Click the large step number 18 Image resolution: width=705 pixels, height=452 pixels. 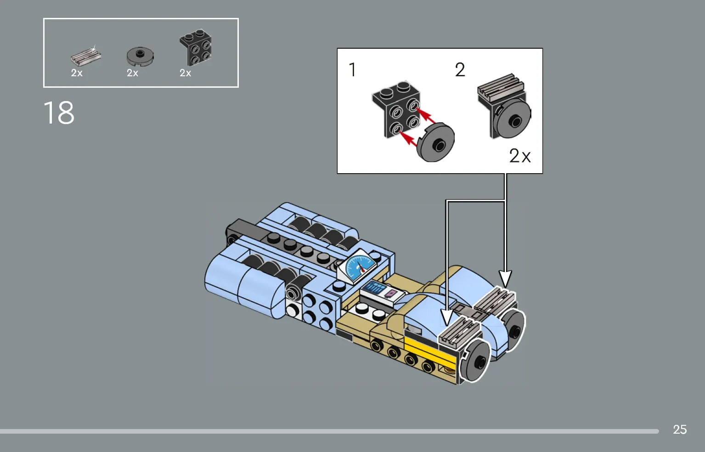click(x=59, y=113)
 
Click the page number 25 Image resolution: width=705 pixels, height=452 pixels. click(x=680, y=429)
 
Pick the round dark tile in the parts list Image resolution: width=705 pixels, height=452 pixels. click(x=140, y=56)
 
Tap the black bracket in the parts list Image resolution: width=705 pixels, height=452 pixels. click(x=196, y=47)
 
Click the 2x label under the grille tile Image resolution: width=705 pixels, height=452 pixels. click(x=77, y=73)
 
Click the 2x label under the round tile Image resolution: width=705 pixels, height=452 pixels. click(x=132, y=73)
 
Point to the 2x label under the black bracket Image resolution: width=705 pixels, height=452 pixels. click(x=186, y=73)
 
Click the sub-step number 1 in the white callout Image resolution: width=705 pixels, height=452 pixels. click(x=353, y=69)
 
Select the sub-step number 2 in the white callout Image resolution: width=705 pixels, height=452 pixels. click(x=460, y=69)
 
